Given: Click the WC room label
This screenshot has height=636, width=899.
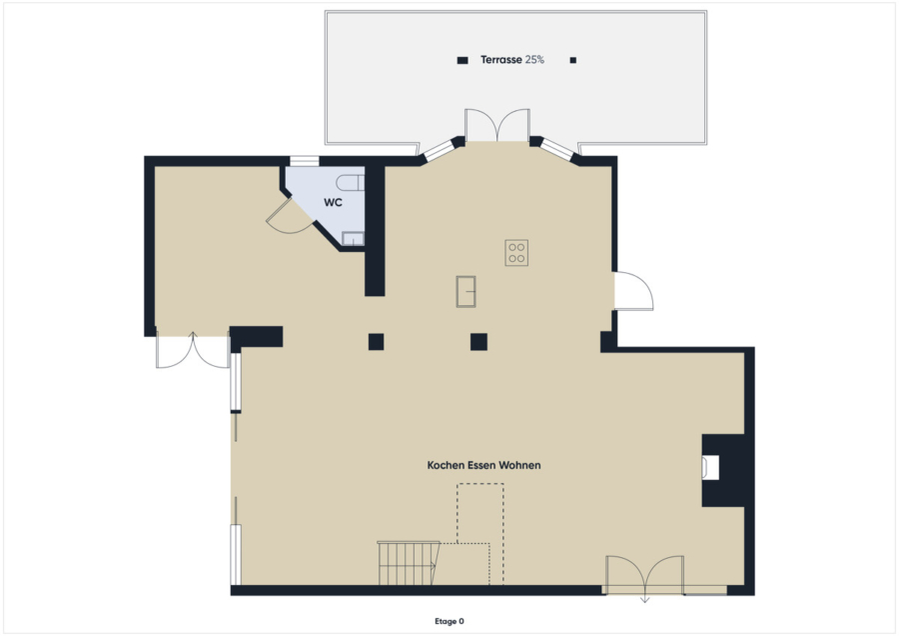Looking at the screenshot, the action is pyautogui.click(x=333, y=202).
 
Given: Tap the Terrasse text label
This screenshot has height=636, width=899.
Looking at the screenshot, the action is pyautogui.click(x=501, y=60).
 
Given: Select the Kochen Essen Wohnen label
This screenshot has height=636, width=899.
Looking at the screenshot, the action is pyautogui.click(x=483, y=465).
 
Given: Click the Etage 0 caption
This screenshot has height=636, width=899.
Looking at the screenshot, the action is pyautogui.click(x=449, y=621).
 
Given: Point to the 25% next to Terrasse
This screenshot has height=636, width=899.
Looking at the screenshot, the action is pyautogui.click(x=534, y=60).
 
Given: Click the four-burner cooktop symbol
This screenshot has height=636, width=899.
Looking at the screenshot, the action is pyautogui.click(x=516, y=253).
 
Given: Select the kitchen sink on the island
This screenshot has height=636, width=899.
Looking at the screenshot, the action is pyautogui.click(x=466, y=292).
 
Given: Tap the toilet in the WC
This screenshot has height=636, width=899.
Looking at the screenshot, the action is pyautogui.click(x=351, y=183).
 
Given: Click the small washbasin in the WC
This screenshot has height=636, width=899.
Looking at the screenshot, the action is pyautogui.click(x=354, y=239).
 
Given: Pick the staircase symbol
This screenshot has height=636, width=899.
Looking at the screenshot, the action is pyautogui.click(x=409, y=563).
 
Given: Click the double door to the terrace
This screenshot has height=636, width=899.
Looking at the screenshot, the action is pyautogui.click(x=497, y=125).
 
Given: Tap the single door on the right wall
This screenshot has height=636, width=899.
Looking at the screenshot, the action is pyautogui.click(x=633, y=291).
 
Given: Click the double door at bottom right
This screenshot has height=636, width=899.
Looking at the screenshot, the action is pyautogui.click(x=645, y=576).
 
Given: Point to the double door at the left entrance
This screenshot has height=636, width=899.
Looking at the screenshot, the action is pyautogui.click(x=193, y=350).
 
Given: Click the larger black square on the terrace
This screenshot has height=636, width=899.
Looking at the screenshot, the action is pyautogui.click(x=462, y=60).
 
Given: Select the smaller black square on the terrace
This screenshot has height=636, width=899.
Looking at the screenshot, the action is pyautogui.click(x=572, y=60).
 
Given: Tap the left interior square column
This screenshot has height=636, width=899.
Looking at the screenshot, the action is pyautogui.click(x=377, y=342).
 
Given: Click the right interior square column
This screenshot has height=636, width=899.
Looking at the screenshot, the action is pyautogui.click(x=478, y=342).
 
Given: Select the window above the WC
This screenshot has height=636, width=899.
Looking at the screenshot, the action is pyautogui.click(x=305, y=161).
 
